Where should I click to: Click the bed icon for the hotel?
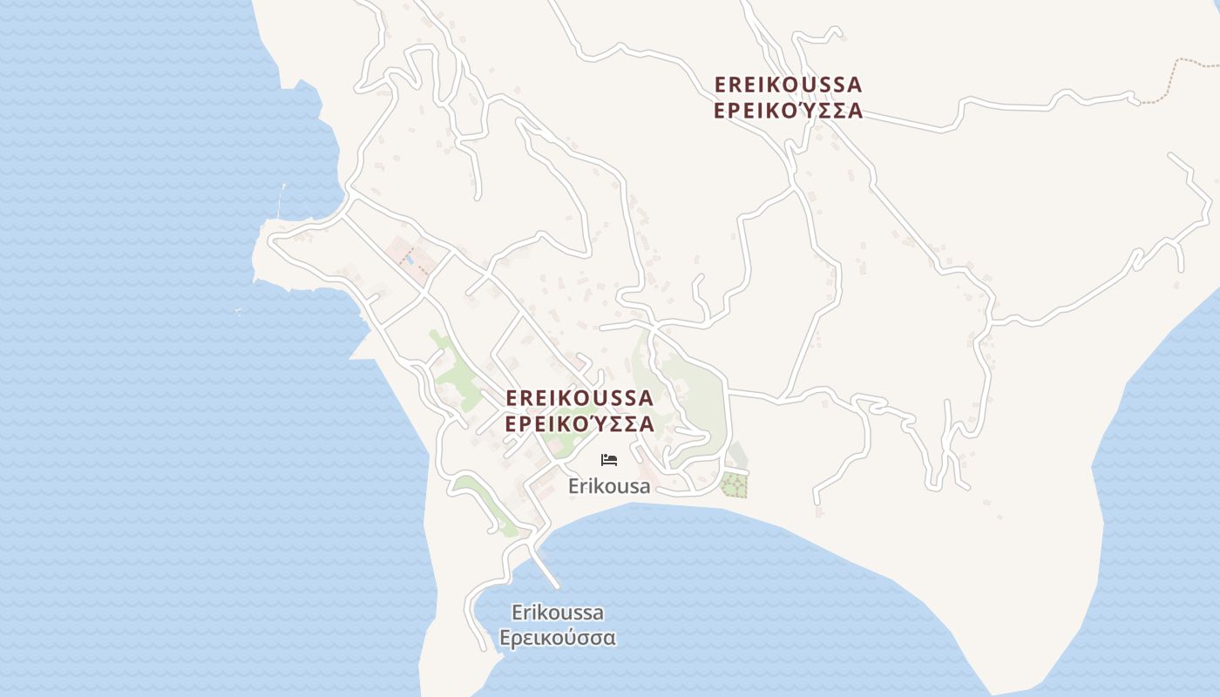coord(609,459)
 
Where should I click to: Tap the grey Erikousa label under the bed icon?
coord(609,486)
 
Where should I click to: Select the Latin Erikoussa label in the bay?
coord(558,612)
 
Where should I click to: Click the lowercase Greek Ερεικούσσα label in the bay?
coord(558,638)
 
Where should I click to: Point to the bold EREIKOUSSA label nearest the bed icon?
coord(579,398)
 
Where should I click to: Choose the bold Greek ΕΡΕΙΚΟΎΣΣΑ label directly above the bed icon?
coord(579,424)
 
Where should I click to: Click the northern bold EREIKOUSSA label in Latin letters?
coord(788,85)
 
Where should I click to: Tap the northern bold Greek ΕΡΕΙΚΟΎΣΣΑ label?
coord(788,111)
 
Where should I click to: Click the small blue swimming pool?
coord(409,259)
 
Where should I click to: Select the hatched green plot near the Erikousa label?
coord(735,484)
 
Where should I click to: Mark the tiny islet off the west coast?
coord(238,312)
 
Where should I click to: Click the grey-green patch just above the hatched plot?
coord(737,455)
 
